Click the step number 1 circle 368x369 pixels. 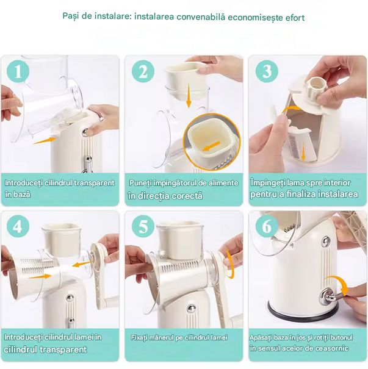[x=18, y=71]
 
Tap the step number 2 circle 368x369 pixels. [x=143, y=71]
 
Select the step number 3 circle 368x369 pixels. [x=267, y=71]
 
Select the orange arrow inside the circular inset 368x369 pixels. [x=211, y=146]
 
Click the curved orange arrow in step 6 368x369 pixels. [x=337, y=284]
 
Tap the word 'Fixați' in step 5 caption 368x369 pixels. [x=140, y=338]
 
